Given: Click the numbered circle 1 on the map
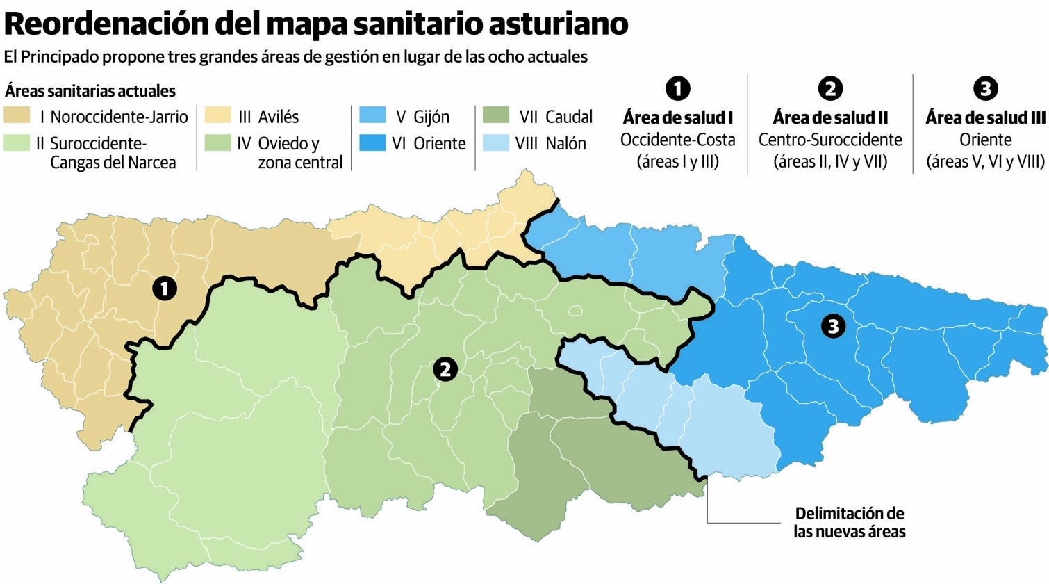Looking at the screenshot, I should [x=164, y=288].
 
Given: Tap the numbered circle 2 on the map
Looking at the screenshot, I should [x=445, y=369].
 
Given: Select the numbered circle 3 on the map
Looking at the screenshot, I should [x=833, y=325].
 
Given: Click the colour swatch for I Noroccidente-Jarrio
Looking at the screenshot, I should [x=17, y=115].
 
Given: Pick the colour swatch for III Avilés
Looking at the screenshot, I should [x=217, y=115].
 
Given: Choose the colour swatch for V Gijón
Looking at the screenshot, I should [x=372, y=115].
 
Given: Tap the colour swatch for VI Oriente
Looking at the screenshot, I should [x=372, y=143].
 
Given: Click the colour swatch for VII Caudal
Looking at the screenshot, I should [x=495, y=115].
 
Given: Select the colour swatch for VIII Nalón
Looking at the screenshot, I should [x=495, y=143].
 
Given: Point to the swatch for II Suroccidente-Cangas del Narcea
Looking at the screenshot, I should [x=17, y=143].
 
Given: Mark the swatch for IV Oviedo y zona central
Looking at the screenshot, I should [x=217, y=143].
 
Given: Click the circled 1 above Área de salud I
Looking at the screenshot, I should [x=677, y=88].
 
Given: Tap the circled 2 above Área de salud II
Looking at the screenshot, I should [x=830, y=88].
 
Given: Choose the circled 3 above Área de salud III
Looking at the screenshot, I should [x=985, y=88].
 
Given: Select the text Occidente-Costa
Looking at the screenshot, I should [x=677, y=140].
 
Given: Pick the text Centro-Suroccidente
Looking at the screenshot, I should [x=830, y=140].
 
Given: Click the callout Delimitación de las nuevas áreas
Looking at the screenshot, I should [x=850, y=523].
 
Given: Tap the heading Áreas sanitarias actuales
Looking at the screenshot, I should [x=90, y=91].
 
